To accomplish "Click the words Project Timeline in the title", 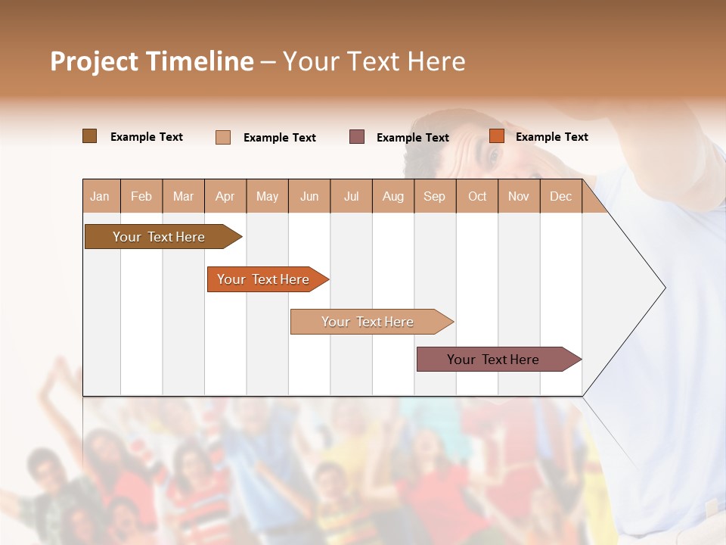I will (151, 61).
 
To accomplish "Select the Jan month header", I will (100, 196).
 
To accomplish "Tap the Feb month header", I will (141, 196).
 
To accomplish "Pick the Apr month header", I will (225, 196).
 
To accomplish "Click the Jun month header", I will (309, 196).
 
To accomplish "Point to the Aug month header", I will (393, 196).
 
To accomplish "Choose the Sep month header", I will (434, 196).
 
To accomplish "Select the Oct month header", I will (477, 196).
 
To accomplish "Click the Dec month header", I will (560, 196).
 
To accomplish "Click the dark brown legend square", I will (90, 136).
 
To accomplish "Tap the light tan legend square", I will (223, 137).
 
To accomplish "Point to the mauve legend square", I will (357, 137).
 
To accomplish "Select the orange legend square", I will (497, 136).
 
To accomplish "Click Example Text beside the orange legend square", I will (551, 137).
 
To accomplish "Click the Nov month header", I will (519, 196).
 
